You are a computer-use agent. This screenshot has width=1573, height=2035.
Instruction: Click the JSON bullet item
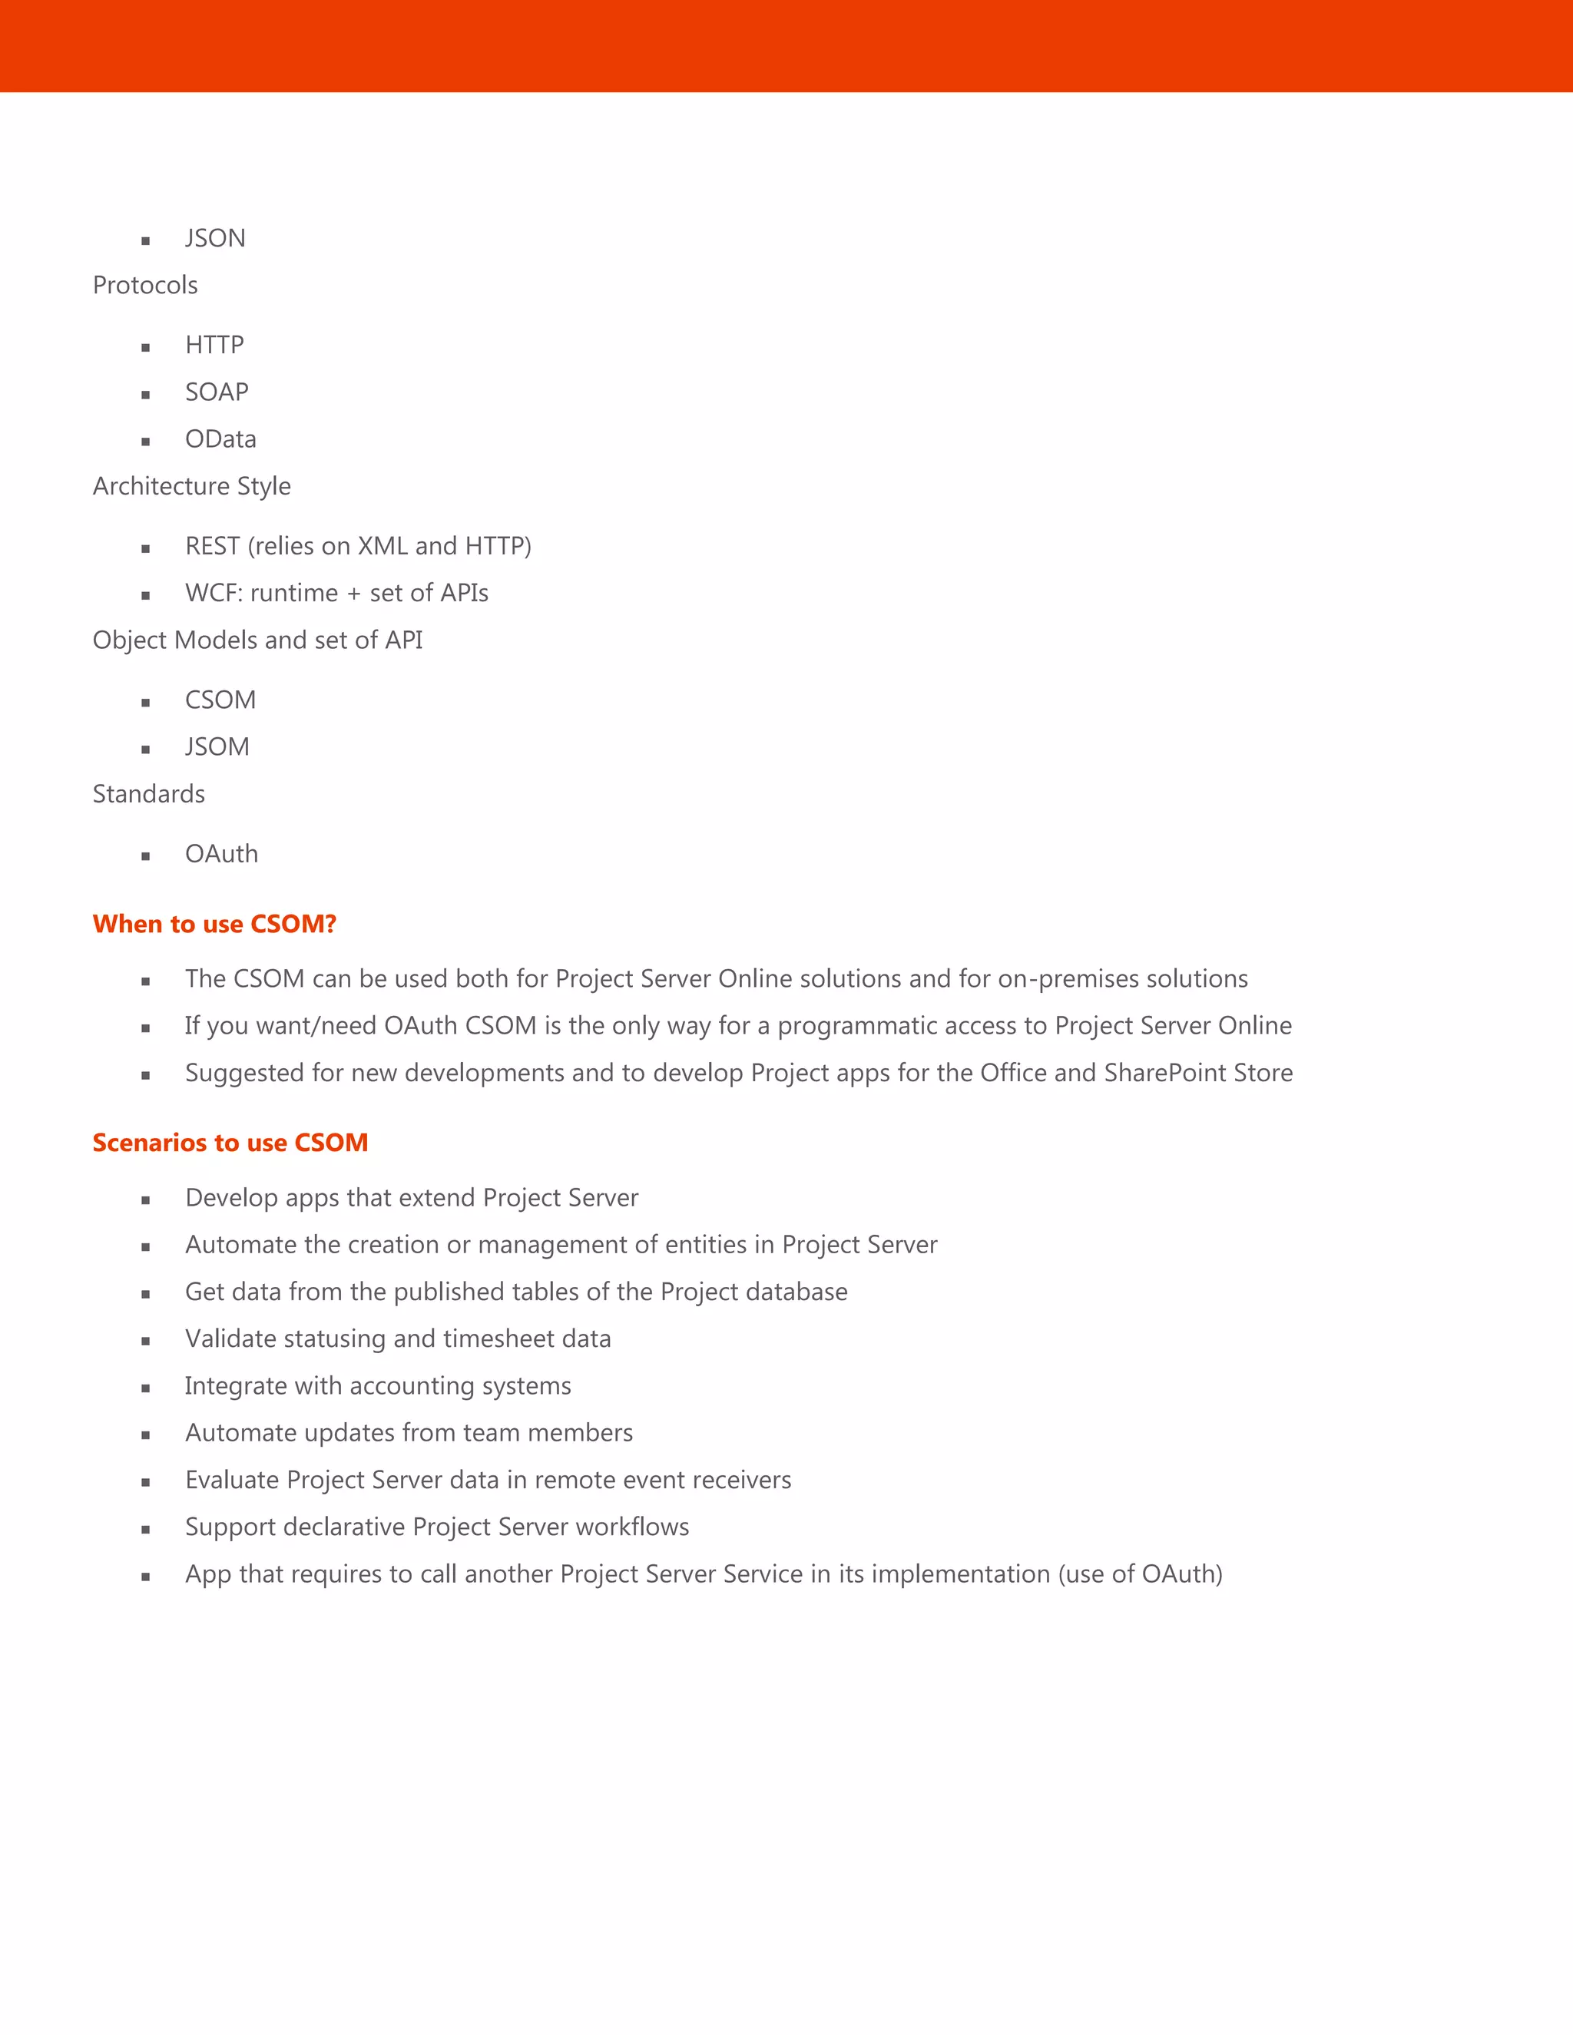[x=215, y=239]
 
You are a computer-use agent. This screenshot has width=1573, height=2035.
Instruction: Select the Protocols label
[x=145, y=285]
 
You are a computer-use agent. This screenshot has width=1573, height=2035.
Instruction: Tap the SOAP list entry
[x=216, y=392]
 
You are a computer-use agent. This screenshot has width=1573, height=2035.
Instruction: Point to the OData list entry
[x=220, y=438]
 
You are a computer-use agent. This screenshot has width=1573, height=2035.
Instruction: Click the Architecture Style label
[x=192, y=486]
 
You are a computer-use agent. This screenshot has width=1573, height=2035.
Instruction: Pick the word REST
[x=213, y=546]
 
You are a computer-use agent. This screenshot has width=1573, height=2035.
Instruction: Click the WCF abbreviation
[x=213, y=594]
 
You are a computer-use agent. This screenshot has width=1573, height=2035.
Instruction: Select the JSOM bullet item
[x=217, y=747]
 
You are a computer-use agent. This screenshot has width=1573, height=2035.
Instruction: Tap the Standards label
[x=149, y=794]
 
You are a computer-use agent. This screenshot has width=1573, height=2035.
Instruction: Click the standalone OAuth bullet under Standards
[x=222, y=855]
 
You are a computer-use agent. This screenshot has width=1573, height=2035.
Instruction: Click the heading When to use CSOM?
[x=214, y=925]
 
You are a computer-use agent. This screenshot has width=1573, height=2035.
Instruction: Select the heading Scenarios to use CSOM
[x=230, y=1143]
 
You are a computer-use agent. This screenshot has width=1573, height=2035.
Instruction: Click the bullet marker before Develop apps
[x=145, y=1200]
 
